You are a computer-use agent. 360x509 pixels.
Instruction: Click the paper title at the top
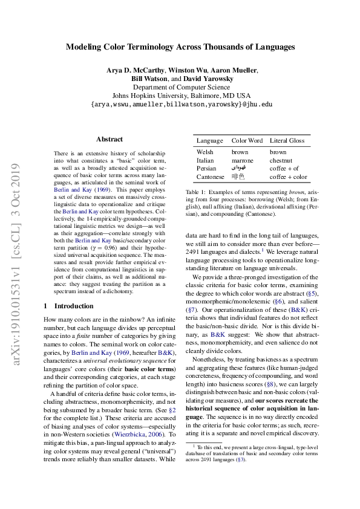point(180,46)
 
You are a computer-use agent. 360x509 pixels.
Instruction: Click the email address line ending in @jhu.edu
point(180,104)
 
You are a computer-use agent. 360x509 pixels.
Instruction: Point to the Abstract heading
point(109,139)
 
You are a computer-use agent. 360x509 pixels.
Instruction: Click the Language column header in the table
point(209,141)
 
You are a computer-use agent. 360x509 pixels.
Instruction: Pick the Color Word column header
point(247,141)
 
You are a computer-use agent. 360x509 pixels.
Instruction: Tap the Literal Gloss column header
point(287,141)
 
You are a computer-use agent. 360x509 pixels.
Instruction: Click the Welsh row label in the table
point(206,152)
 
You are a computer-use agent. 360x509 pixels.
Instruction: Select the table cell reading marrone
point(243,160)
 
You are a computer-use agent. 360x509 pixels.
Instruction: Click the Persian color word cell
point(239,168)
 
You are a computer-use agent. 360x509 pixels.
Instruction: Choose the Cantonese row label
point(211,177)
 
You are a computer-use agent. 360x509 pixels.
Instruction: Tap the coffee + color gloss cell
point(288,177)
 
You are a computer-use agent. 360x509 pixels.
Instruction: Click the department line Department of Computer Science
point(180,87)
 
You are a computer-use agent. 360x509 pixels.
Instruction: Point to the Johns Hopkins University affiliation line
point(180,96)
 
